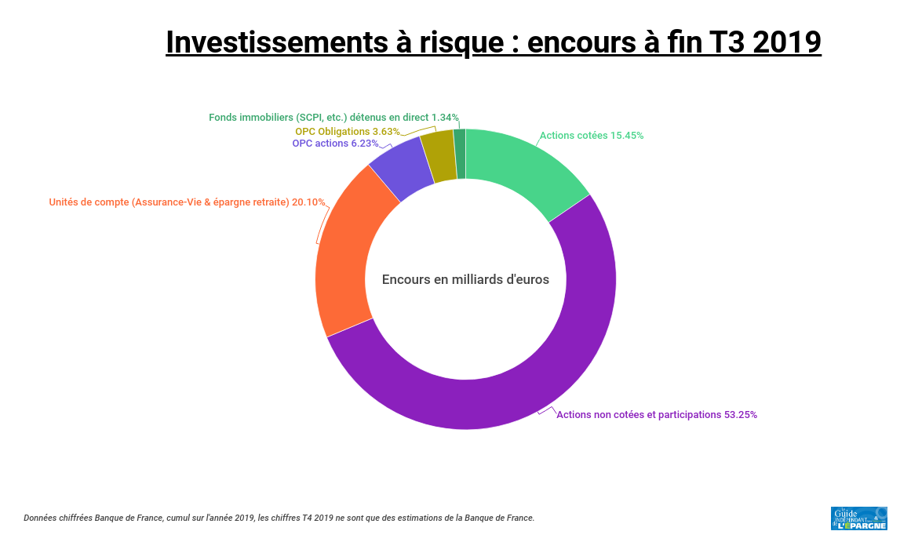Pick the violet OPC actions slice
403,169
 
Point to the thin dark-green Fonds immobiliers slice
460,154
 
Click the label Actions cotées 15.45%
592,136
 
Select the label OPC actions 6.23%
335,144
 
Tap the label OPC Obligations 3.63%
348,132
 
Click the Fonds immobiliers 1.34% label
333,118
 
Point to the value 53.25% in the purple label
741,415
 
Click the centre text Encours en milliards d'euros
465,279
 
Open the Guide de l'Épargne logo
858,518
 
